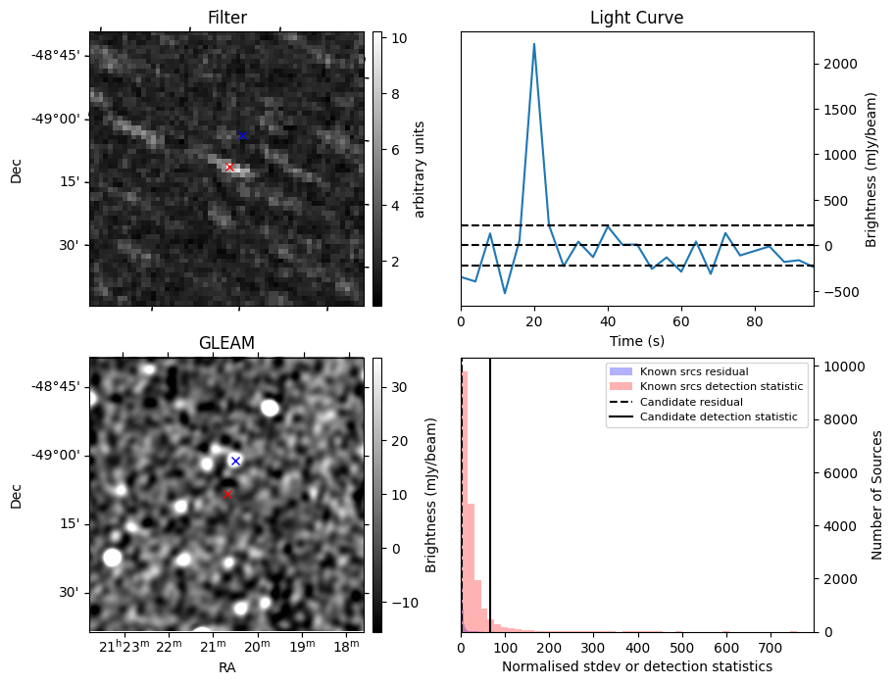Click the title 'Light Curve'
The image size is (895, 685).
click(636, 18)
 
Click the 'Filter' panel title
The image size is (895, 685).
click(226, 18)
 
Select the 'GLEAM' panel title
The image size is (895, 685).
click(226, 343)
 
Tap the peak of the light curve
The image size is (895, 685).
click(534, 44)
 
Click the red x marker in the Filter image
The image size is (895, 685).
click(229, 168)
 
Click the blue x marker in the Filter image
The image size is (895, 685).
click(242, 135)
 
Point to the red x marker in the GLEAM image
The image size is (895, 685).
click(228, 494)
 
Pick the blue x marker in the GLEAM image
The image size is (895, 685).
click(235, 461)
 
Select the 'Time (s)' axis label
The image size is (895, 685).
click(636, 340)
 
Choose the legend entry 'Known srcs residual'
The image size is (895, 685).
click(694, 371)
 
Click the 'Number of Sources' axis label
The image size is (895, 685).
click(877, 495)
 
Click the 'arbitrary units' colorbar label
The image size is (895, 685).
click(420, 169)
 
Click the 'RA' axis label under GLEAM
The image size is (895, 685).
click(226, 667)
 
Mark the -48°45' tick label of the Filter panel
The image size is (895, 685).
click(57, 55)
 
